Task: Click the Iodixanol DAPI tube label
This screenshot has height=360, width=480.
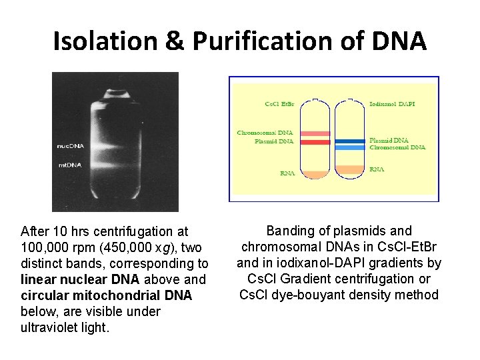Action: point(393,104)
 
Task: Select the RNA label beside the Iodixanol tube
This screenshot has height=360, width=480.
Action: point(377,170)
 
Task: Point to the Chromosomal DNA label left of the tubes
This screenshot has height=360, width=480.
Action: point(265,133)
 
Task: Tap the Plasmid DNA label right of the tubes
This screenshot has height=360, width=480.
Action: point(389,141)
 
